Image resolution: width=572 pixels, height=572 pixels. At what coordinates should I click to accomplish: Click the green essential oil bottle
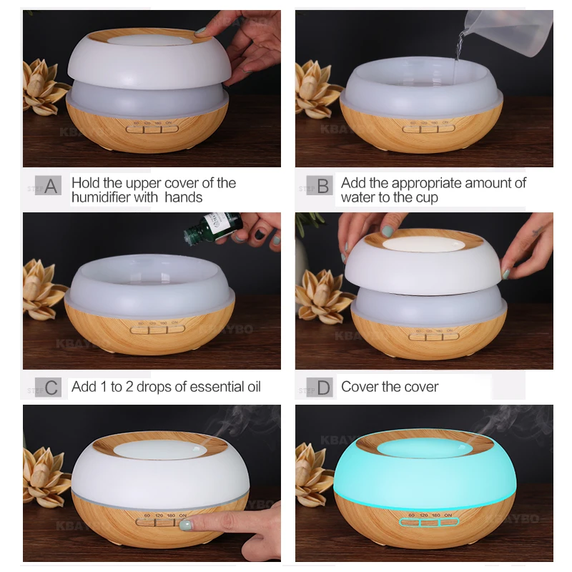point(207,227)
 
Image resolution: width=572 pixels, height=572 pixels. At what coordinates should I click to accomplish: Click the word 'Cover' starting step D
point(360,387)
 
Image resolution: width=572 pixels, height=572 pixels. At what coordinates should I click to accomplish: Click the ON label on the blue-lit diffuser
point(448,515)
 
